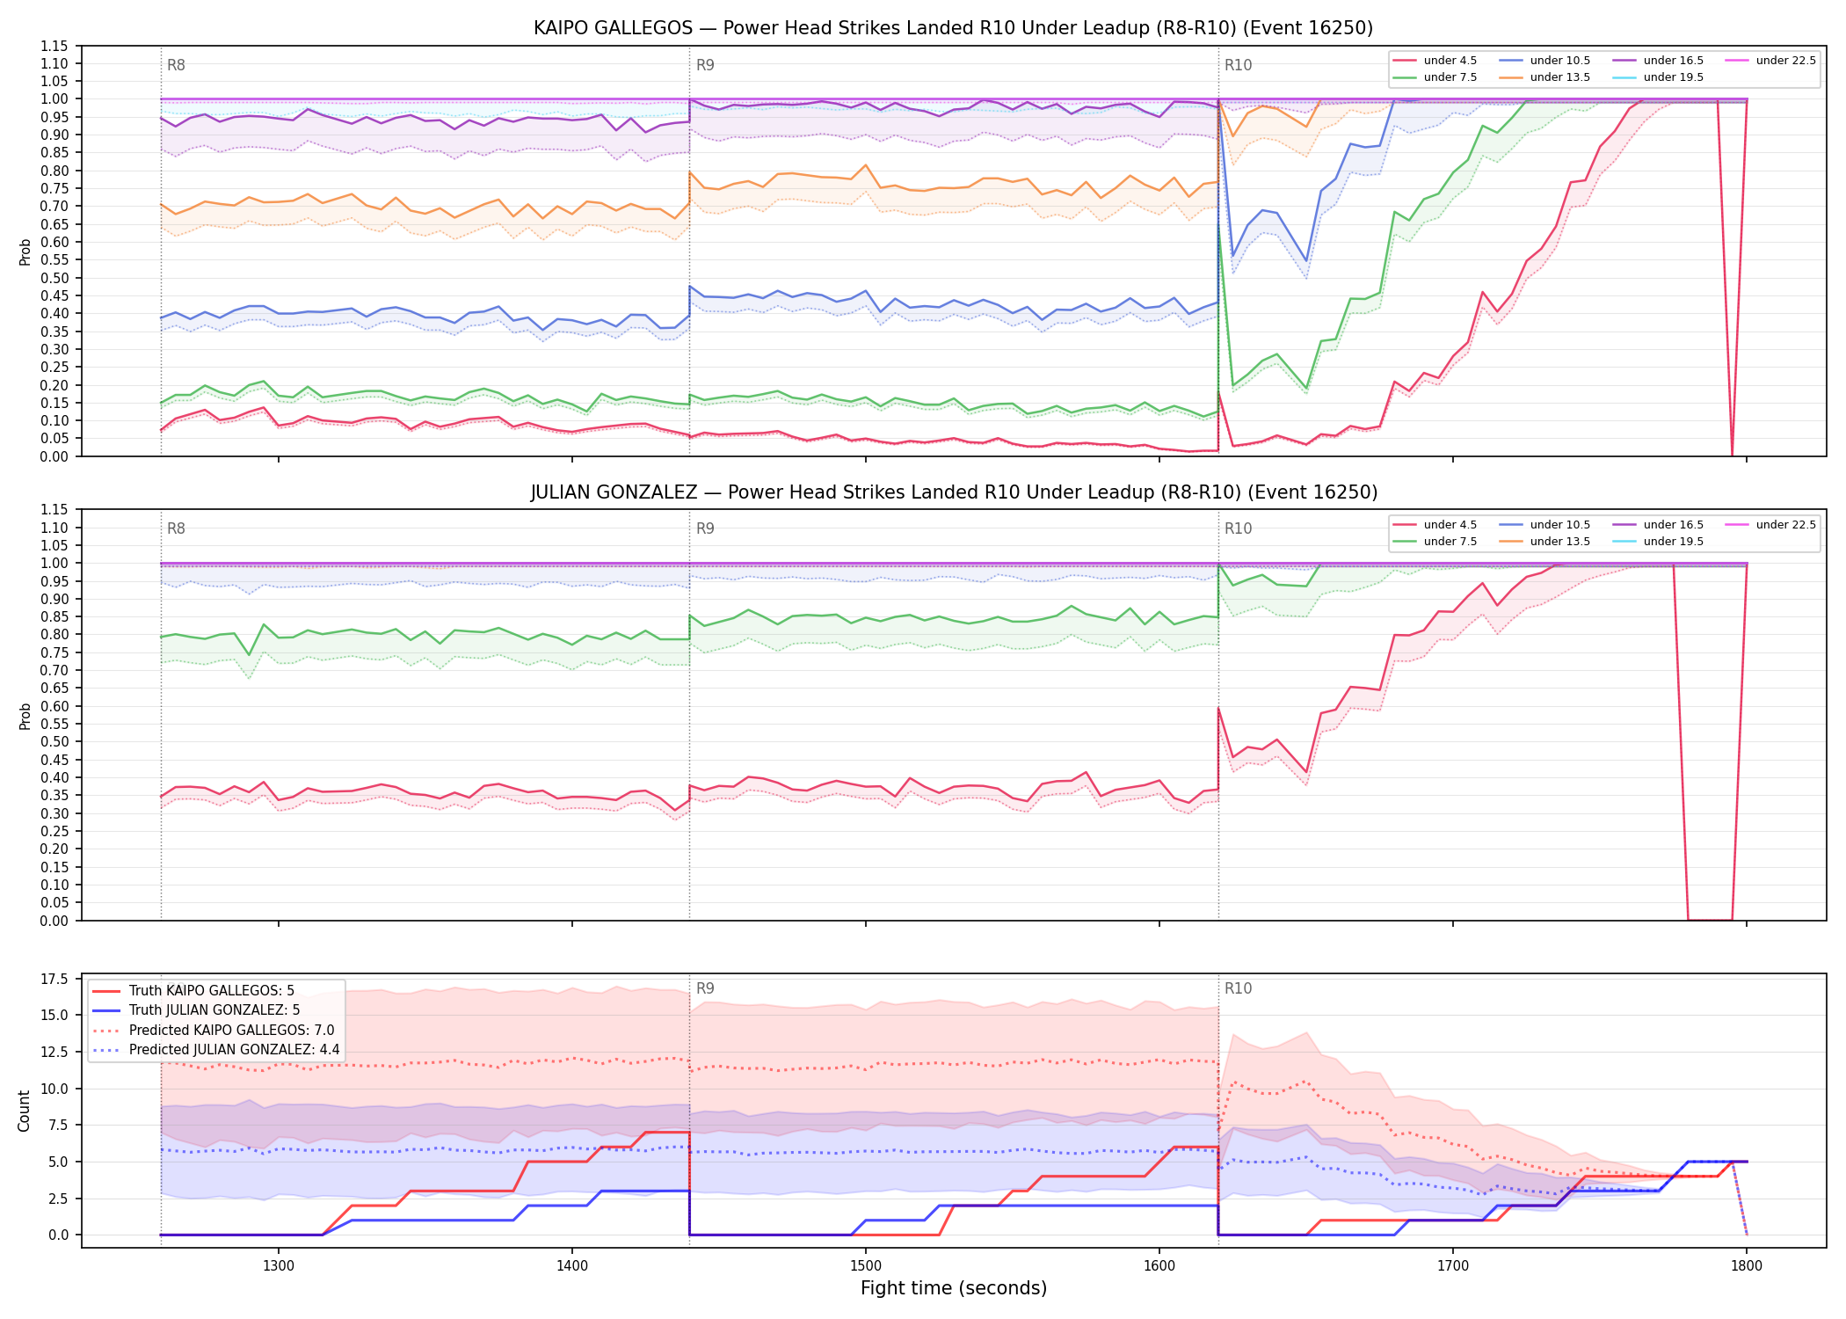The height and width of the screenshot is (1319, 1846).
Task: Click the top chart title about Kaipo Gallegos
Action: tap(953, 28)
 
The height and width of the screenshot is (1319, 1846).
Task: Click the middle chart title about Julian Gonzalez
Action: tap(953, 492)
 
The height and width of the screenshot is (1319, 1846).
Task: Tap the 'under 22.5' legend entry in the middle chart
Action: tap(1770, 525)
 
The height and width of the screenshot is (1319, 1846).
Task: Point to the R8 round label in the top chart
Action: tap(176, 65)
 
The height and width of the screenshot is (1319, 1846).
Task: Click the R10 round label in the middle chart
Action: tap(1238, 528)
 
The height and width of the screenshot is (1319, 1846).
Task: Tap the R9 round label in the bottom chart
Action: tap(705, 988)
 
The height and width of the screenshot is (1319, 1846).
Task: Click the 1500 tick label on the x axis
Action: tap(866, 1266)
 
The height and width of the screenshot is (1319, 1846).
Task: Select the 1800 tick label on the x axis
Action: tap(1747, 1266)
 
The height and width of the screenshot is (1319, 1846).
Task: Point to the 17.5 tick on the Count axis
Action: tap(55, 980)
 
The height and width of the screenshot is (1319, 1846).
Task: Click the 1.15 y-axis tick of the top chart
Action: tap(55, 46)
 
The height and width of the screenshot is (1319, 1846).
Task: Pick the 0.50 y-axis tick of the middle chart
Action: tap(55, 742)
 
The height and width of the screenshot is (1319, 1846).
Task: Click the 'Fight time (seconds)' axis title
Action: tap(954, 1289)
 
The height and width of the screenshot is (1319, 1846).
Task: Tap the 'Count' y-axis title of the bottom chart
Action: tap(24, 1111)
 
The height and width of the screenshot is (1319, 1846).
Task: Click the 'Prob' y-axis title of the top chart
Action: tap(25, 252)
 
